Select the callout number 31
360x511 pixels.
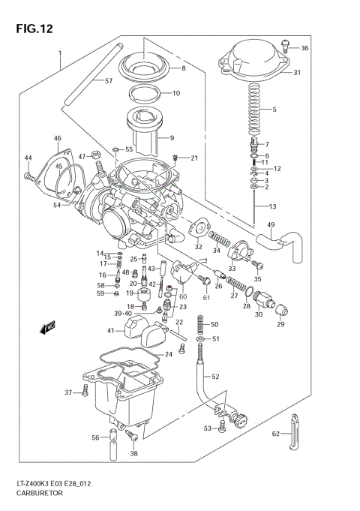[x=296, y=73]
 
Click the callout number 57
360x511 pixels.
[x=109, y=80]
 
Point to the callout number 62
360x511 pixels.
[x=275, y=434]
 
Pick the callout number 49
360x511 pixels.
[x=271, y=225]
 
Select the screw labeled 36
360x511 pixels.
[x=285, y=47]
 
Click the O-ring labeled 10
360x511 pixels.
[x=148, y=95]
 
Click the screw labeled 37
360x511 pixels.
[x=85, y=392]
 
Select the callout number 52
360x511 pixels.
[x=215, y=376]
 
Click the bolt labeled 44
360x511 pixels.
[x=50, y=176]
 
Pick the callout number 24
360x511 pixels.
[x=169, y=353]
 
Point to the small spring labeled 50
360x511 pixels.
[x=199, y=325]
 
